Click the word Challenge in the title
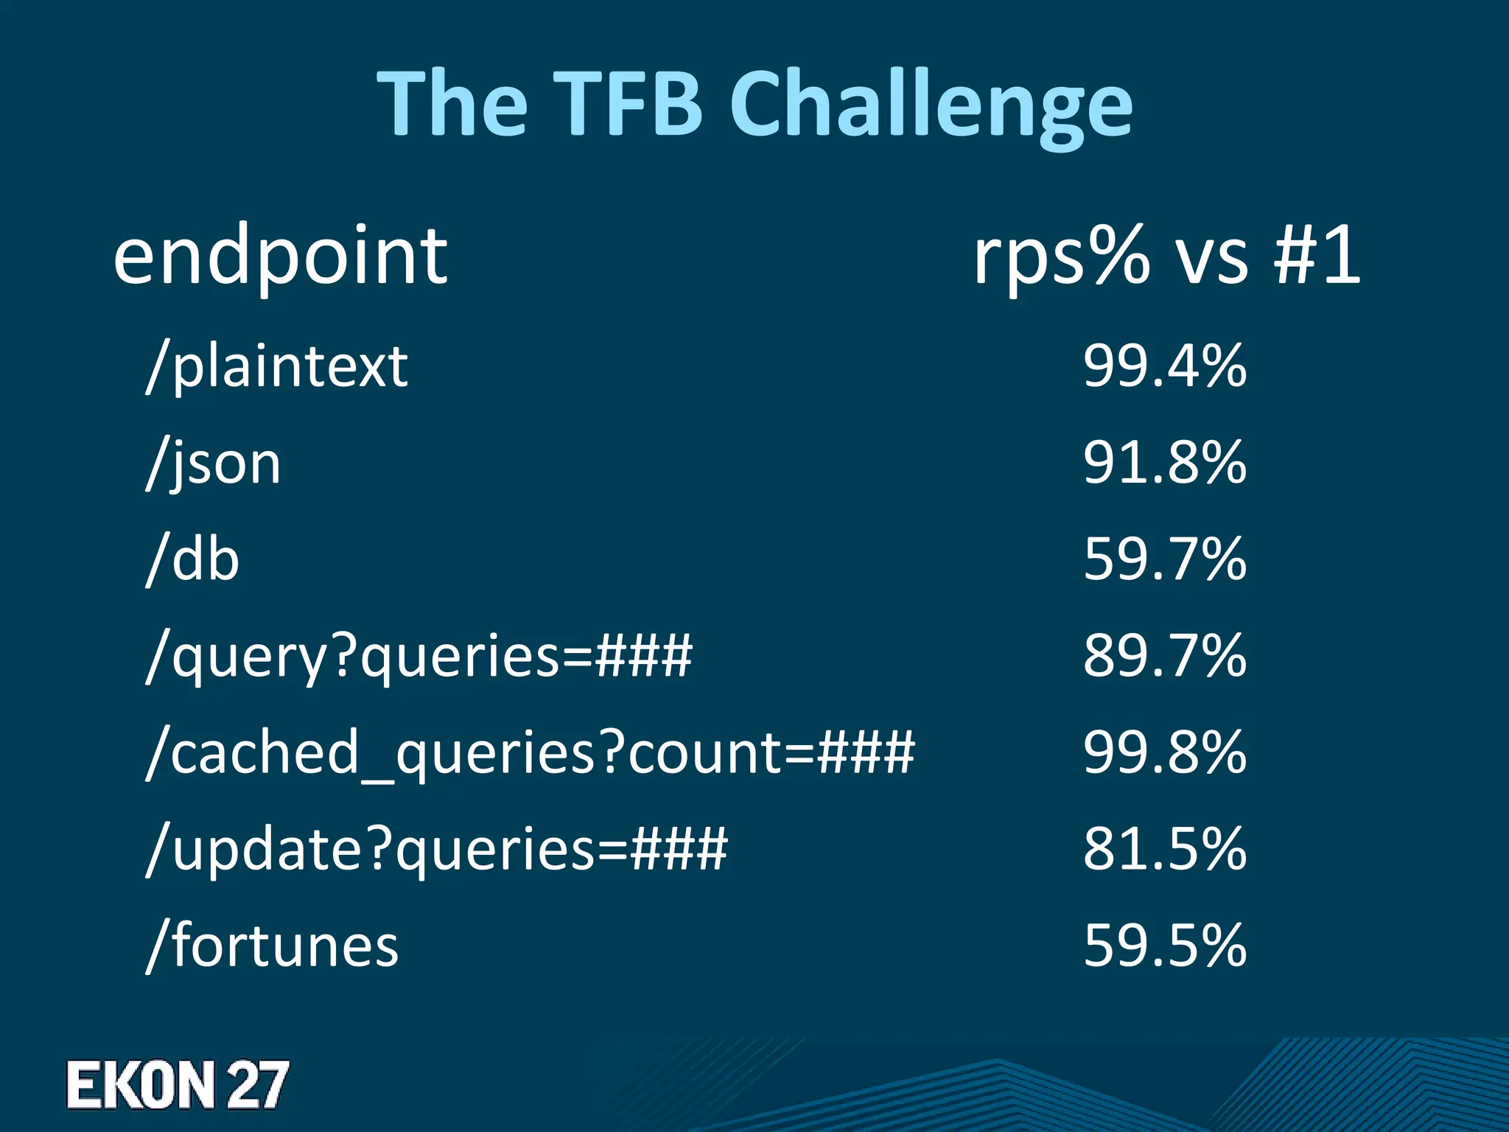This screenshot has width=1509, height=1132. click(x=931, y=105)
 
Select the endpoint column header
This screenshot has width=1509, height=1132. click(x=280, y=258)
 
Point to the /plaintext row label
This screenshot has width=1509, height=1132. click(x=277, y=367)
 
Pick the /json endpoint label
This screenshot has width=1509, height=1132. click(x=214, y=464)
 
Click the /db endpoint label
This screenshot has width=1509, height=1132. click(x=193, y=560)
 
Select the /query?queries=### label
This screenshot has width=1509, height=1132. click(x=419, y=657)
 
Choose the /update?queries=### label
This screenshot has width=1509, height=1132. click(x=437, y=850)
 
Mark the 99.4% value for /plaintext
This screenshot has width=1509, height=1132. click(x=1165, y=366)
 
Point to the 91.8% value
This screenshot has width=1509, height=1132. click(x=1165, y=463)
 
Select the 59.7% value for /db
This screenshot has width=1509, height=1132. click(x=1165, y=559)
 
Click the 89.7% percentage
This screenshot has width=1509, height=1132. click(x=1165, y=656)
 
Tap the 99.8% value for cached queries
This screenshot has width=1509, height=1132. click(x=1165, y=752)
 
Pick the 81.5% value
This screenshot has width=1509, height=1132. click(x=1165, y=849)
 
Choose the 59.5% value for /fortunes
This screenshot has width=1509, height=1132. click(x=1165, y=946)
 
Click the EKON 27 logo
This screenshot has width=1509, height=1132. click(x=177, y=1085)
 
